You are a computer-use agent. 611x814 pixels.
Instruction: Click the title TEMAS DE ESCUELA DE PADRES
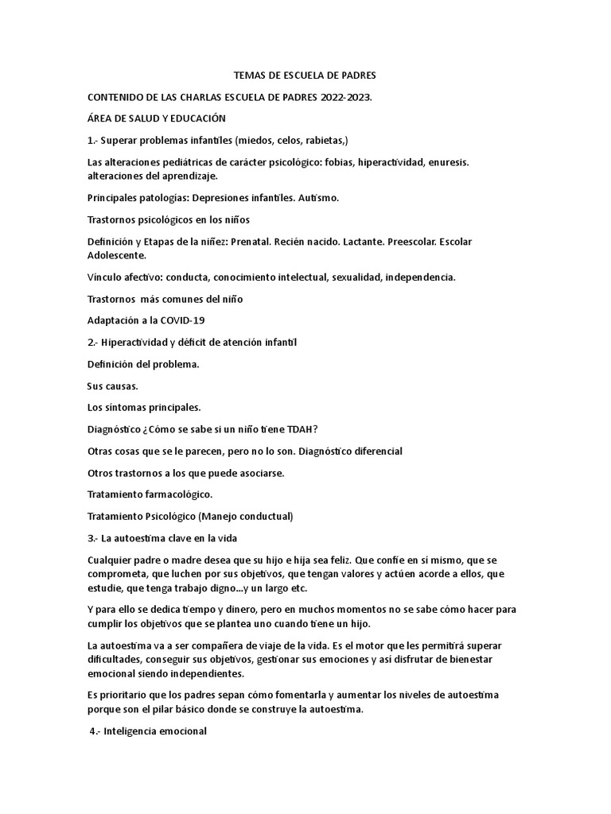[x=305, y=76]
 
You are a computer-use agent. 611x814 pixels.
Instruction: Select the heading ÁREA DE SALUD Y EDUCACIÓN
[x=156, y=118]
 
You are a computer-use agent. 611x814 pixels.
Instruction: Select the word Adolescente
[x=116, y=256]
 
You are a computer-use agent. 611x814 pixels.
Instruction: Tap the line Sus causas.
[x=112, y=386]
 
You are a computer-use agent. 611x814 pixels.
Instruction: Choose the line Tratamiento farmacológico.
[x=149, y=494]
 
